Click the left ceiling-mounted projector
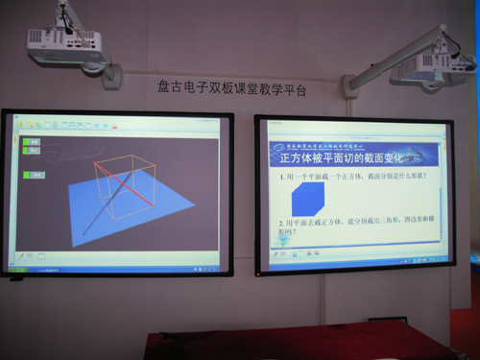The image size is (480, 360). coord(64,42)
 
